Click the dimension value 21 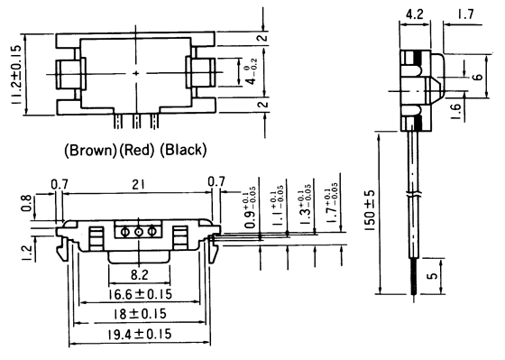tap(137, 185)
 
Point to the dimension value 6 tap(477, 78)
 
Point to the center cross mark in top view tap(135, 72)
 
